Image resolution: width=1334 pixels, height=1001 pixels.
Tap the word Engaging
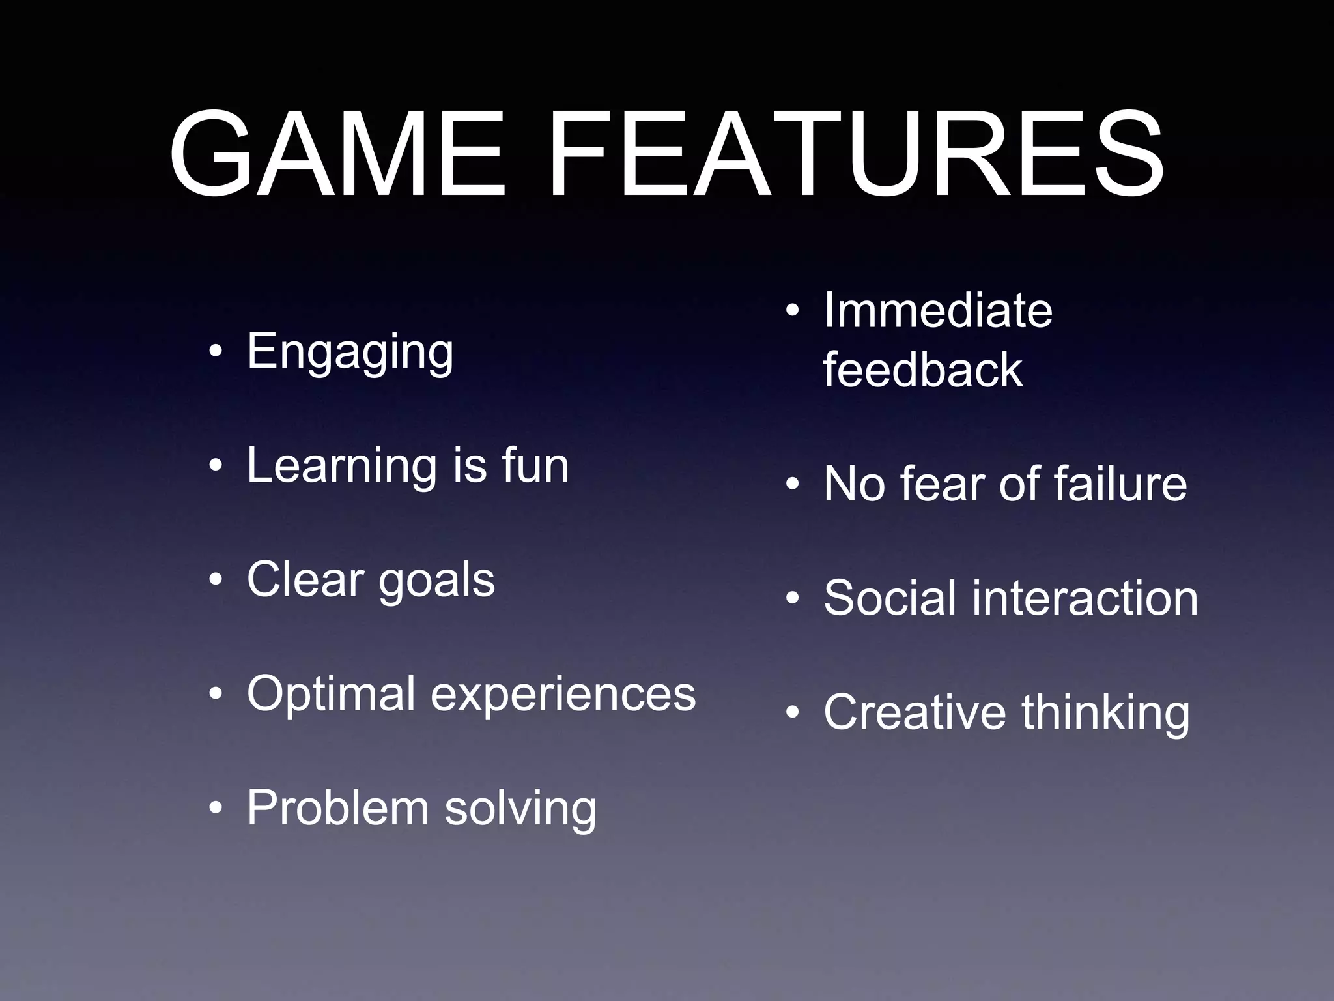coord(350,353)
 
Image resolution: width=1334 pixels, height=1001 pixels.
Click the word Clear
coord(305,579)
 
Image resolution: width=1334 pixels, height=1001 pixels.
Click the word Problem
coord(337,808)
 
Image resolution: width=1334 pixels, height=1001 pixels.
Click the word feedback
coord(922,370)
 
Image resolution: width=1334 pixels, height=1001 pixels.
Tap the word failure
coord(1120,484)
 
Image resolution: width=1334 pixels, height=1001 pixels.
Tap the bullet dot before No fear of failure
coord(792,485)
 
